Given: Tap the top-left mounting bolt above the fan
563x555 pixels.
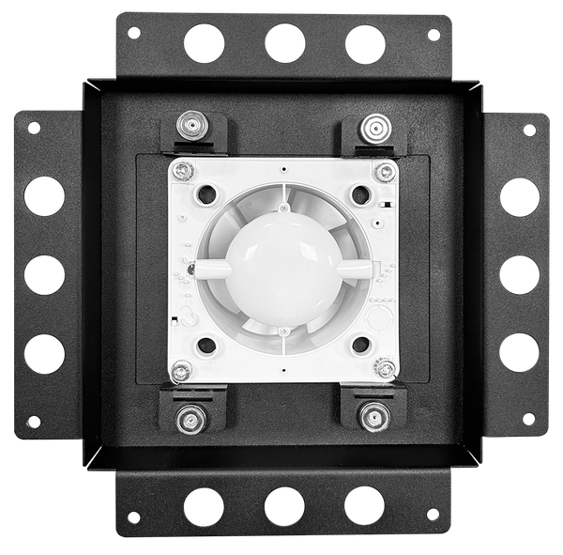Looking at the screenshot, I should [191, 125].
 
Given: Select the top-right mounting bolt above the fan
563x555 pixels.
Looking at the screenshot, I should [373, 125].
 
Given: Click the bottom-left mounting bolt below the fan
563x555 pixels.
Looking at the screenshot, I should [192, 416].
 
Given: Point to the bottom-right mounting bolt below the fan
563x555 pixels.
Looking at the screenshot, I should [373, 416].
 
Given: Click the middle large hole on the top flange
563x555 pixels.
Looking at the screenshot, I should [284, 43].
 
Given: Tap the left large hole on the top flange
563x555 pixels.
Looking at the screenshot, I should [205, 43].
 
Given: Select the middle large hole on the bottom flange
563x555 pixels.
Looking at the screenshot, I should [284, 506].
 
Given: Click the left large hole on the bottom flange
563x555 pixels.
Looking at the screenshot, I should [205, 506].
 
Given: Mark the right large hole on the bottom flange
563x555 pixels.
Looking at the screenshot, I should [364, 505].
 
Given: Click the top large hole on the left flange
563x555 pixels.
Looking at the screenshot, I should [44, 196].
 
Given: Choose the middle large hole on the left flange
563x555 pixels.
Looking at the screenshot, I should [44, 274].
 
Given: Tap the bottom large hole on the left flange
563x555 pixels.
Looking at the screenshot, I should [44, 353].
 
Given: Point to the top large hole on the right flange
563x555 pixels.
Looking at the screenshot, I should [520, 196].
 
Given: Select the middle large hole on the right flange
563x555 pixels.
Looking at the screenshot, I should [520, 274].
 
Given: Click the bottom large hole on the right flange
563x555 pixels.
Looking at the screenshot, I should [520, 352].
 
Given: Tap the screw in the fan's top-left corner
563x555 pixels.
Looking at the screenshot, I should [185, 172].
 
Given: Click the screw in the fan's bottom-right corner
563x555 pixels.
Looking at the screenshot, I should [384, 369].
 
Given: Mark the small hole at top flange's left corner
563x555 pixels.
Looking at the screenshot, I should [134, 32].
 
